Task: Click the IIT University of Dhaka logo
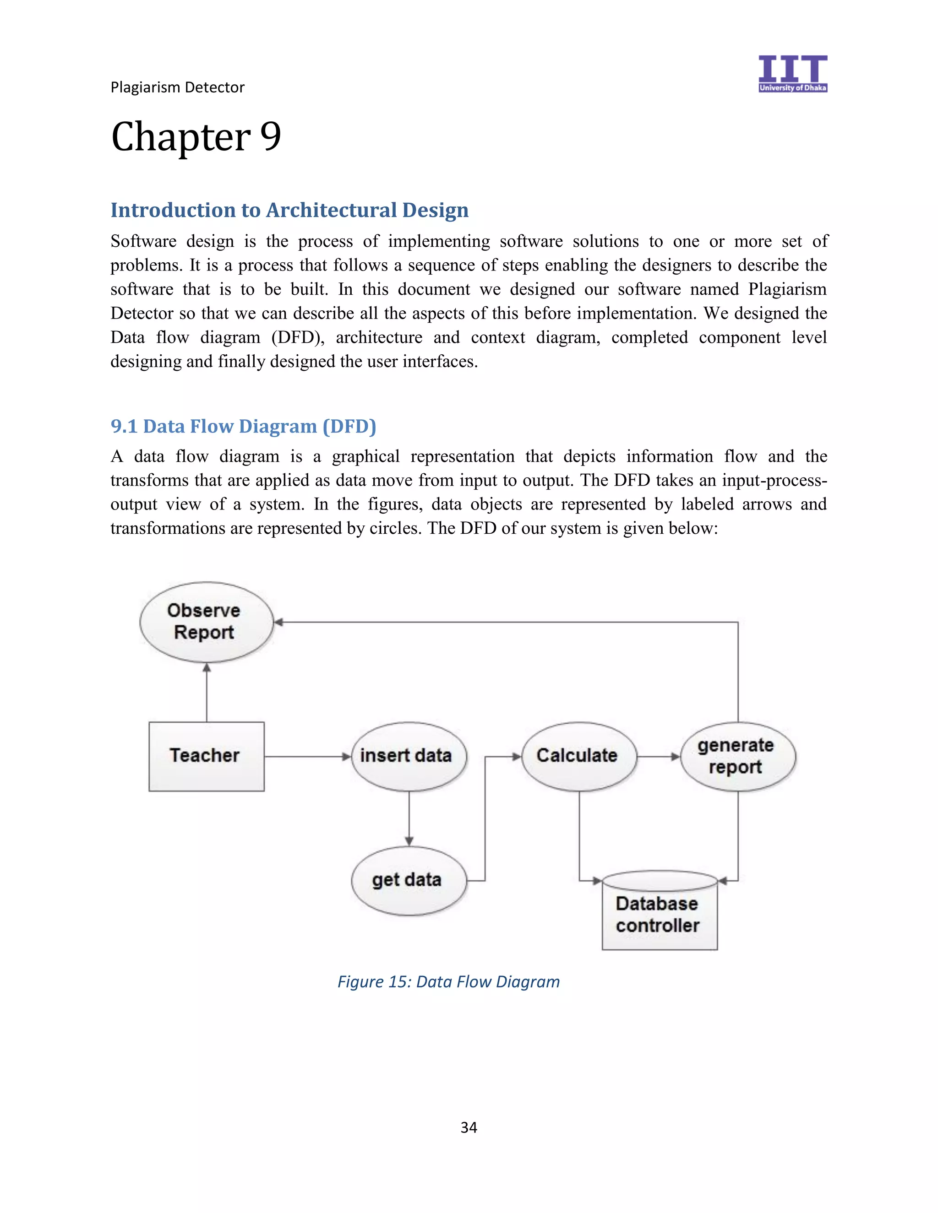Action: click(x=792, y=73)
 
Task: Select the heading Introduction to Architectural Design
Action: click(x=289, y=211)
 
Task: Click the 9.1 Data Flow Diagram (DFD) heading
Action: click(x=243, y=426)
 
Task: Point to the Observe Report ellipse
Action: click(x=206, y=622)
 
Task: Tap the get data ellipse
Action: click(x=409, y=880)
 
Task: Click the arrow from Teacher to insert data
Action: click(x=307, y=757)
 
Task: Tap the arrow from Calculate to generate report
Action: click(x=658, y=757)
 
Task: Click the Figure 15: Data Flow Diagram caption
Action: click(x=448, y=982)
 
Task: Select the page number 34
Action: click(x=469, y=1127)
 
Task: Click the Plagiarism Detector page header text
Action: click(x=177, y=87)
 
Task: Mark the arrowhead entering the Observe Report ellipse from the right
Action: click(x=279, y=622)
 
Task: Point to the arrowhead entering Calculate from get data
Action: click(x=516, y=757)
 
